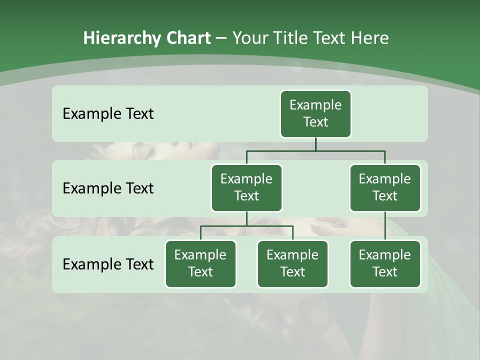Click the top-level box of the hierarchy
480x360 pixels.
315,113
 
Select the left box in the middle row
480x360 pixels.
246,187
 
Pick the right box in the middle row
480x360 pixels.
385,187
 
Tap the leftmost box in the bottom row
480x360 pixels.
200,263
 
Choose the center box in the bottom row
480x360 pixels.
292,263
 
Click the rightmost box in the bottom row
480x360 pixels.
385,263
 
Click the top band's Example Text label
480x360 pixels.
108,114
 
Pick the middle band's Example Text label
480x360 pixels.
108,188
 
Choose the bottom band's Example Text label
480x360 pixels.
108,264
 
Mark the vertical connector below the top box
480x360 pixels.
315,144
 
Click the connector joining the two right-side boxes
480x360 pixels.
385,226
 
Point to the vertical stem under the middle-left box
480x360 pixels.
246,218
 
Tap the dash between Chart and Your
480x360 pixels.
221,38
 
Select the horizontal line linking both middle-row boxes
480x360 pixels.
315,150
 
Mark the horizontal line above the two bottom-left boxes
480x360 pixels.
246,226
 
